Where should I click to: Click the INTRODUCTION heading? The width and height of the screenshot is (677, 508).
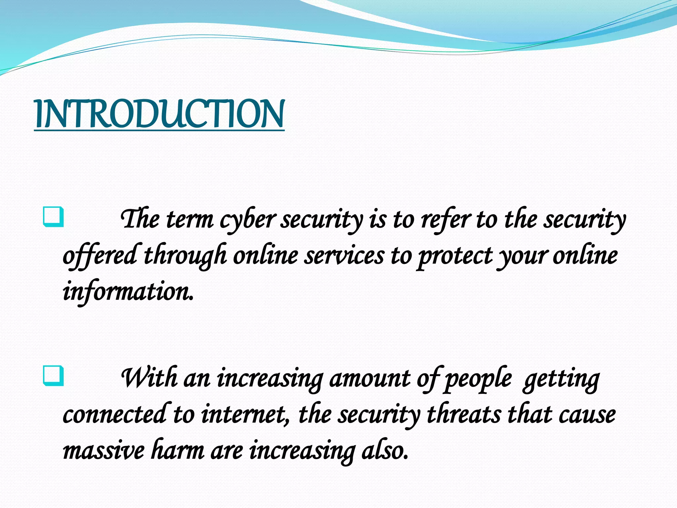click(159, 114)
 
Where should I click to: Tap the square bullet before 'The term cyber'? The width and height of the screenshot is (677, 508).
click(53, 217)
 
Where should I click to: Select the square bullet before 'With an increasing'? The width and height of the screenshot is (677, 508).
click(53, 376)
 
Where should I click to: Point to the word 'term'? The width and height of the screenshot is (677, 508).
click(190, 220)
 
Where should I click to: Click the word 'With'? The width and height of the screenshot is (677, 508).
click(149, 378)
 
